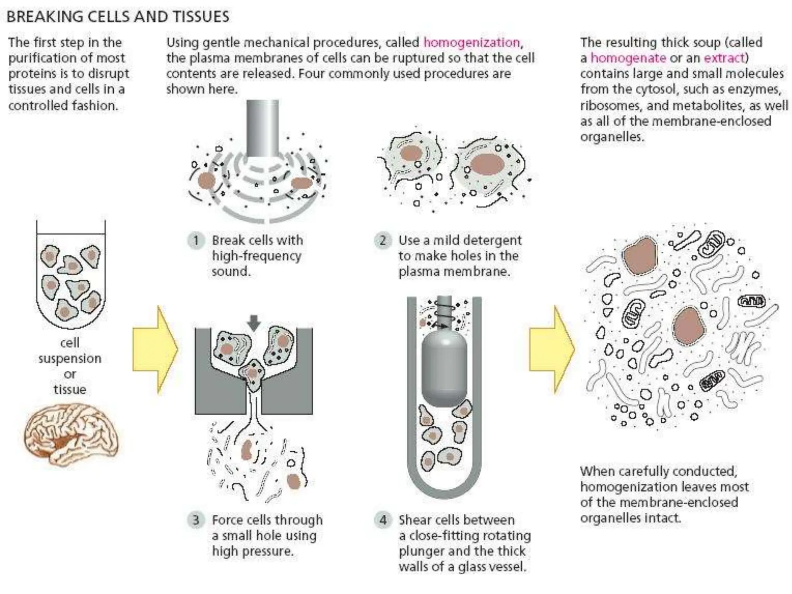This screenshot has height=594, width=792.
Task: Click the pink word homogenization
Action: click(472, 42)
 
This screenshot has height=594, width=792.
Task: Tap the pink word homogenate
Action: click(628, 58)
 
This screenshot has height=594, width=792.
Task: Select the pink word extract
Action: click(724, 58)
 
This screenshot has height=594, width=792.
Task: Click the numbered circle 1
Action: click(196, 241)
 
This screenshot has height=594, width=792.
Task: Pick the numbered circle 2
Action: click(382, 241)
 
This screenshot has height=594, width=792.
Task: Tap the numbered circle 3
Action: click(196, 520)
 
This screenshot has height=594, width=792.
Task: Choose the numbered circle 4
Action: click(382, 520)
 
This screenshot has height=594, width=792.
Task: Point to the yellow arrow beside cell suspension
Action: click(155, 350)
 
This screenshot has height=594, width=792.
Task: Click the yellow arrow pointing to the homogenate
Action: click(552, 350)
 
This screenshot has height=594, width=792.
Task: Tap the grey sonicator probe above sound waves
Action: click(263, 128)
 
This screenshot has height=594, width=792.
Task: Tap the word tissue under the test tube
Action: click(70, 389)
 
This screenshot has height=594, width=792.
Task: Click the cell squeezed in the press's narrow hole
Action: click(253, 374)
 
